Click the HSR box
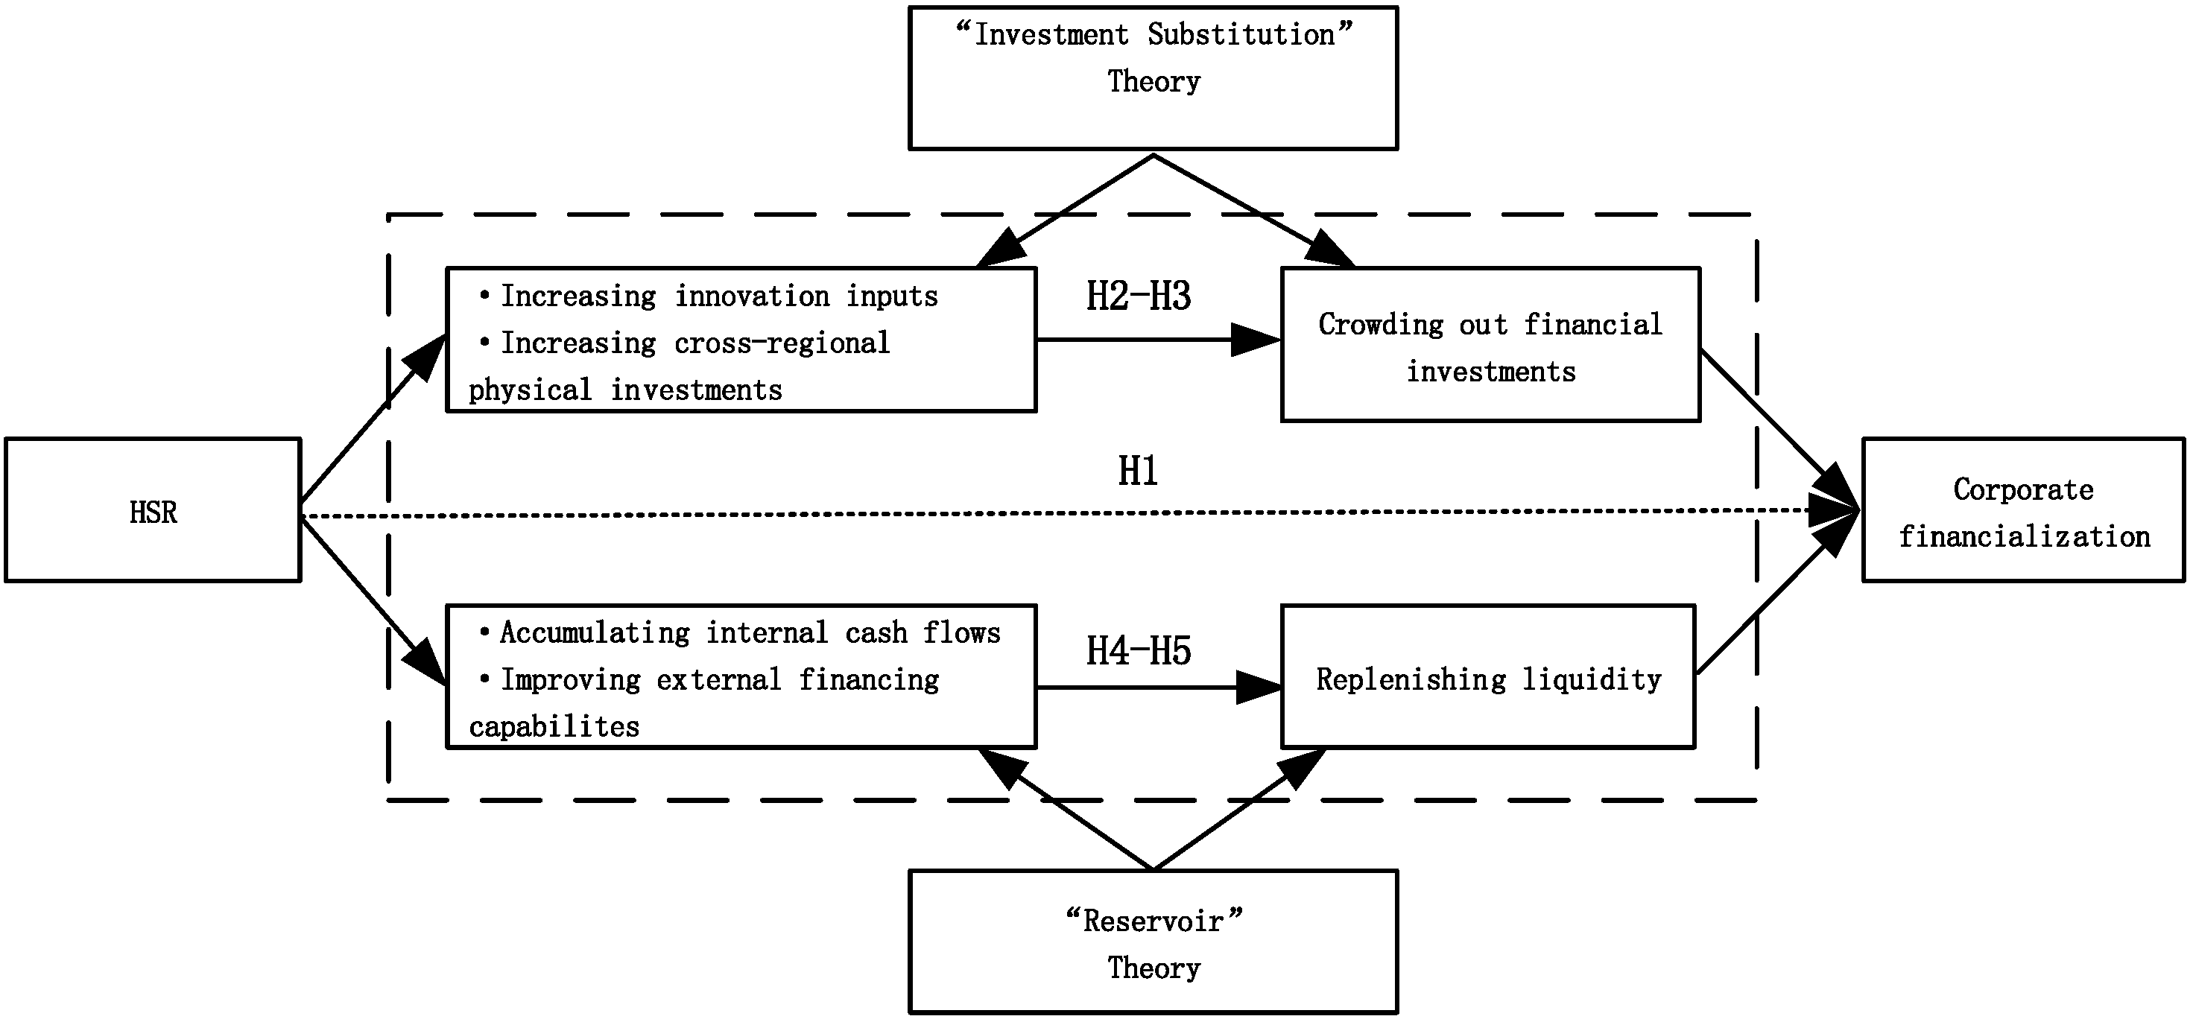154,510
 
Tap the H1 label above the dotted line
1137,472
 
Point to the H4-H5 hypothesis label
1138,651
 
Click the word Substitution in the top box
1241,35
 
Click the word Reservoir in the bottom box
1154,921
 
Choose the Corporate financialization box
2023,510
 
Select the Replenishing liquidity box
1488,678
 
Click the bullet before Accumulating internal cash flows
484,632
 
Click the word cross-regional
782,343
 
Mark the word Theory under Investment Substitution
1154,82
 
